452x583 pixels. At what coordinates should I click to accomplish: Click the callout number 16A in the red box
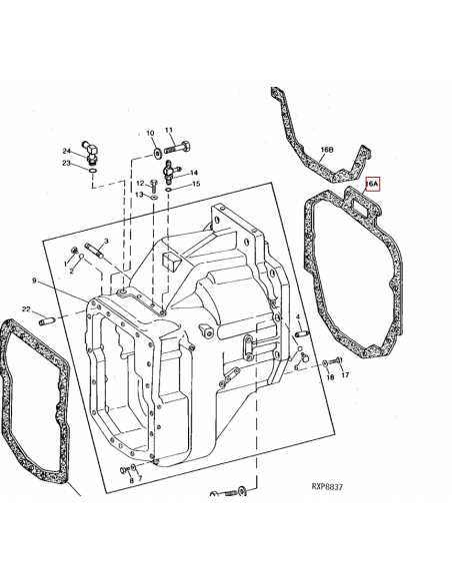pyautogui.click(x=372, y=184)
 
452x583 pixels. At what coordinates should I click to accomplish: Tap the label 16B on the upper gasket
pyautogui.click(x=327, y=150)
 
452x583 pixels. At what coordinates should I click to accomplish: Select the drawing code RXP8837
pyautogui.click(x=327, y=487)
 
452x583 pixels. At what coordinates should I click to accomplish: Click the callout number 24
pyautogui.click(x=66, y=151)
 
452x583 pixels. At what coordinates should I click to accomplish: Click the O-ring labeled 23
pyautogui.click(x=92, y=171)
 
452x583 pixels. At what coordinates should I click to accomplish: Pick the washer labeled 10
pyautogui.click(x=156, y=152)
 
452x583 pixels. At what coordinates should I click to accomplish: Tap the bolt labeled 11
pyautogui.click(x=178, y=148)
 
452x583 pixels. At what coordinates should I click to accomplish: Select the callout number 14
pyautogui.click(x=194, y=173)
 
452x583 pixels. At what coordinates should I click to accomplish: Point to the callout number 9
pyautogui.click(x=34, y=281)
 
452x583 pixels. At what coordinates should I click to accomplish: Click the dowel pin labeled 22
pyautogui.click(x=47, y=319)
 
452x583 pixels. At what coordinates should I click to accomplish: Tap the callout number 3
pyautogui.click(x=106, y=242)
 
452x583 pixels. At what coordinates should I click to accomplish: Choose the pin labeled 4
pyautogui.click(x=301, y=332)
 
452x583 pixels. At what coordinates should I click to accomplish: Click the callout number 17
pyautogui.click(x=345, y=374)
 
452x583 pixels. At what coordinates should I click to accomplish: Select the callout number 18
pyautogui.click(x=330, y=377)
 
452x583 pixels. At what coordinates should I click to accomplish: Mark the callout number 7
pyautogui.click(x=140, y=478)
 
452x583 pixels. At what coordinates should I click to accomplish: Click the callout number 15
pyautogui.click(x=196, y=184)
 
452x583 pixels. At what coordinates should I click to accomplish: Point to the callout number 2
pyautogui.click(x=71, y=272)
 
